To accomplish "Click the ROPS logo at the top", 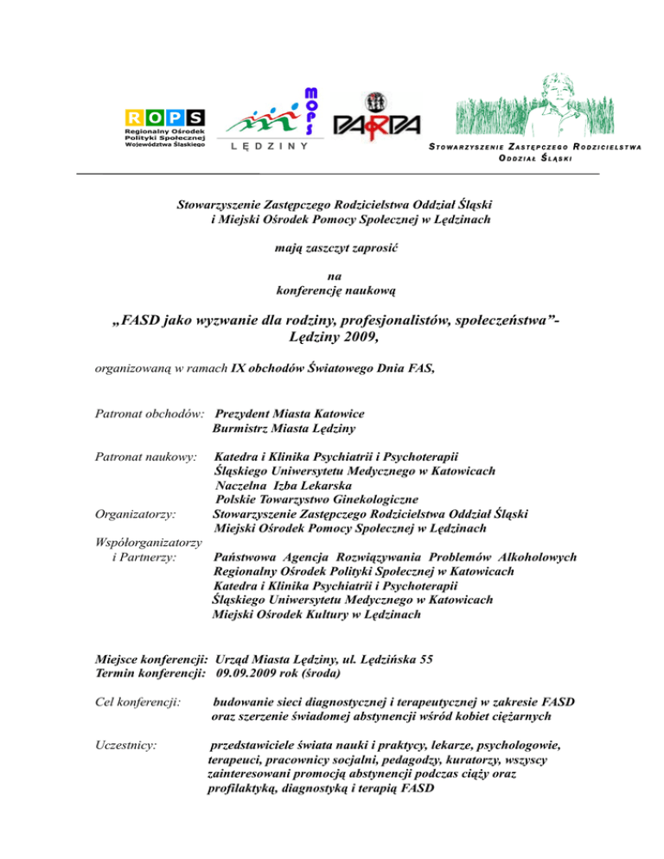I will point(164,128).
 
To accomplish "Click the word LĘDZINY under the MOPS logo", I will point(271,148).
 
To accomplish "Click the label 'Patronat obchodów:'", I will point(150,413).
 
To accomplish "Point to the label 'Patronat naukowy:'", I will point(146,455).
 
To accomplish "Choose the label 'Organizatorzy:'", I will point(135,513).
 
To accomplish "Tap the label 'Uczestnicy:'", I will point(126,743).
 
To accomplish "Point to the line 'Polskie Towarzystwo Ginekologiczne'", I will point(316,499).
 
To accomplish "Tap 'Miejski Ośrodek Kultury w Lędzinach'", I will point(316,614).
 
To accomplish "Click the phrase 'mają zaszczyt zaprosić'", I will point(331,248).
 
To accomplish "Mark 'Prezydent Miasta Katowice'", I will point(289,413).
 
